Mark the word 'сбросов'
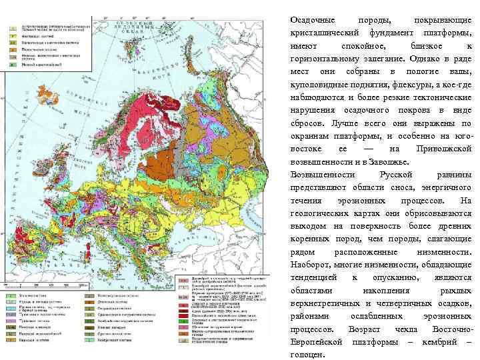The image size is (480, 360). (x=310, y=123)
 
